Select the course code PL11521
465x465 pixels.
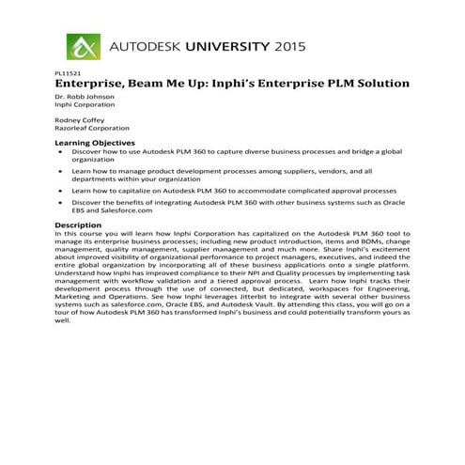pos(68,72)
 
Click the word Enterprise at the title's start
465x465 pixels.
pos(90,84)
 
